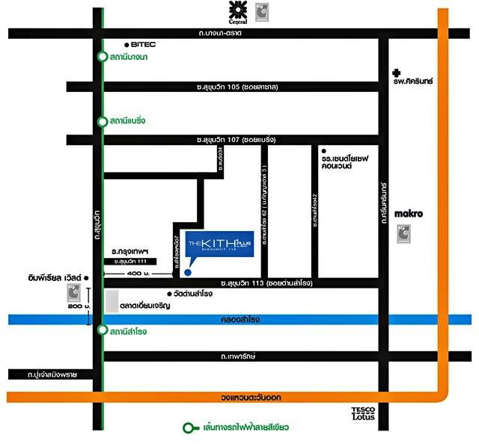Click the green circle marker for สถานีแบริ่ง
(102, 121)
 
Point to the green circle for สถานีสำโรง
(102, 330)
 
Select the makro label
(409, 214)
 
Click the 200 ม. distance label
(77, 307)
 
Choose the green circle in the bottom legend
(190, 428)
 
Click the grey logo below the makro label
(404, 234)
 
